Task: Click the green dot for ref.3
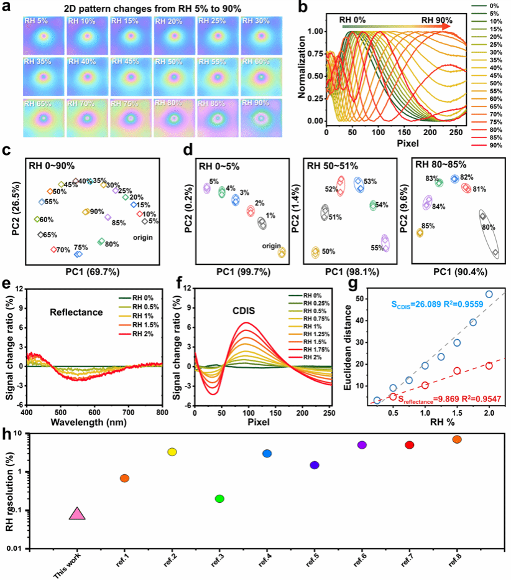[x=219, y=498]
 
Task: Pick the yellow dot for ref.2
[x=172, y=452]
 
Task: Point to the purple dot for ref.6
[x=362, y=445]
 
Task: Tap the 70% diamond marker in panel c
[x=54, y=250]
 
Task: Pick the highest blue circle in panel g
[x=489, y=294]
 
